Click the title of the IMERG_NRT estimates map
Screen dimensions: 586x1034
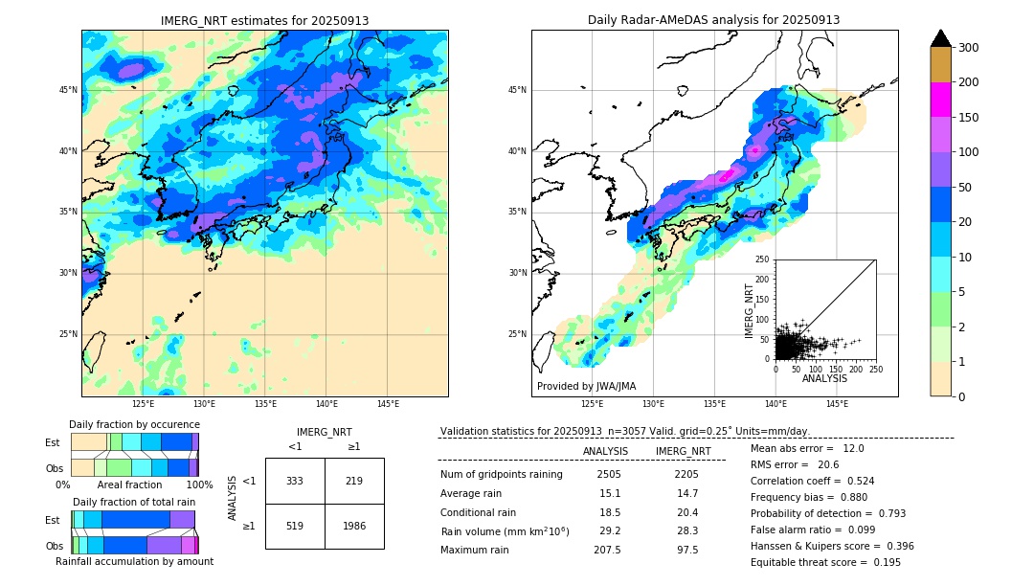[264, 20]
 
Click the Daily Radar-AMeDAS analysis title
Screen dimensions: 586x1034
[713, 20]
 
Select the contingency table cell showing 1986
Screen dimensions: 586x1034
[354, 526]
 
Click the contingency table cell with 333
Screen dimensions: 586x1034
[295, 481]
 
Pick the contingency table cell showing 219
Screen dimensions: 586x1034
[354, 481]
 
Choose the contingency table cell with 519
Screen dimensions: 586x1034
[295, 526]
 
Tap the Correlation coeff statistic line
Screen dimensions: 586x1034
[812, 482]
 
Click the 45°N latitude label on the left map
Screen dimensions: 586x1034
[68, 90]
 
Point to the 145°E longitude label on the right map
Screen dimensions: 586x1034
[837, 405]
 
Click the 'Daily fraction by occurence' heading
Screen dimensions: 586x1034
[134, 424]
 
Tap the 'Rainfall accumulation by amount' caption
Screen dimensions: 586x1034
[134, 562]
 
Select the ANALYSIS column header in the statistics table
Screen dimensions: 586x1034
[606, 451]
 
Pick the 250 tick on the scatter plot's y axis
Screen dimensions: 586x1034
[763, 259]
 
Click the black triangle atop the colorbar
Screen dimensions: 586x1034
[940, 38]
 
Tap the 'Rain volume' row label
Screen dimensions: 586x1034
[505, 531]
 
